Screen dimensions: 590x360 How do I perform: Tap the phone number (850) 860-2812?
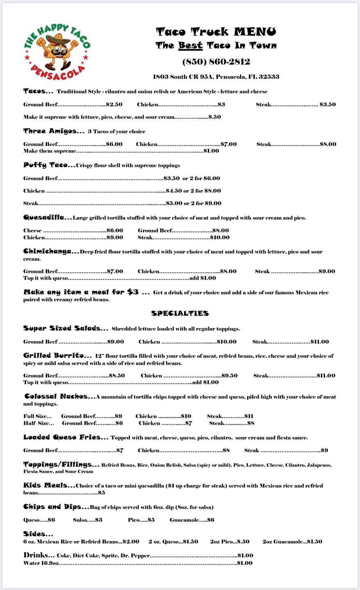(x=216, y=62)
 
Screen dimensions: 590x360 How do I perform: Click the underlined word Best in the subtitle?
(x=190, y=45)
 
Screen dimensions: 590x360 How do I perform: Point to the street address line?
(x=216, y=77)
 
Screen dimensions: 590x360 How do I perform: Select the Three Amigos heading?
(x=54, y=131)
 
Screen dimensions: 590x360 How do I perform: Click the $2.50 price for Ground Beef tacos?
(x=114, y=104)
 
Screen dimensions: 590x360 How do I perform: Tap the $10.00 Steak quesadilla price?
(x=220, y=237)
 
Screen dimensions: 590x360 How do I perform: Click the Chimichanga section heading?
(x=51, y=251)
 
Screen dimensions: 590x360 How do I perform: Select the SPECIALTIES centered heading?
(x=180, y=313)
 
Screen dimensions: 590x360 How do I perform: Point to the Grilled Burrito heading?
(x=57, y=356)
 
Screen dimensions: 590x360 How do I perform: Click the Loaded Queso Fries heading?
(x=66, y=437)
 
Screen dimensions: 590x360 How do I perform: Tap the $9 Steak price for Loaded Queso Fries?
(x=324, y=450)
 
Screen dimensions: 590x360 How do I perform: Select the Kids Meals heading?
(x=49, y=485)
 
